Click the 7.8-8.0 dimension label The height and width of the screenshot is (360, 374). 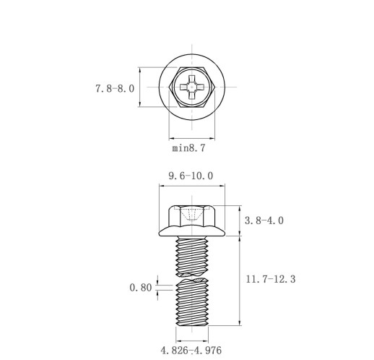(x=115, y=89)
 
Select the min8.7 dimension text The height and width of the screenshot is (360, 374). (x=189, y=147)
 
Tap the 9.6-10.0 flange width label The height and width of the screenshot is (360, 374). (x=191, y=176)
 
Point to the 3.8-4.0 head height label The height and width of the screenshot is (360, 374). (x=264, y=220)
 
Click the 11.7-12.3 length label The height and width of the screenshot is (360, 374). (x=271, y=279)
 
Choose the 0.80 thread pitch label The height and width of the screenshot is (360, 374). (x=141, y=288)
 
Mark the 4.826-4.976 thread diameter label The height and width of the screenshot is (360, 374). (x=191, y=351)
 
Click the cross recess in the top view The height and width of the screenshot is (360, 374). (x=192, y=87)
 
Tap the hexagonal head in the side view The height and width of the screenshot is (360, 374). (x=192, y=216)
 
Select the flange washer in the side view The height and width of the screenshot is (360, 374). (x=192, y=231)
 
